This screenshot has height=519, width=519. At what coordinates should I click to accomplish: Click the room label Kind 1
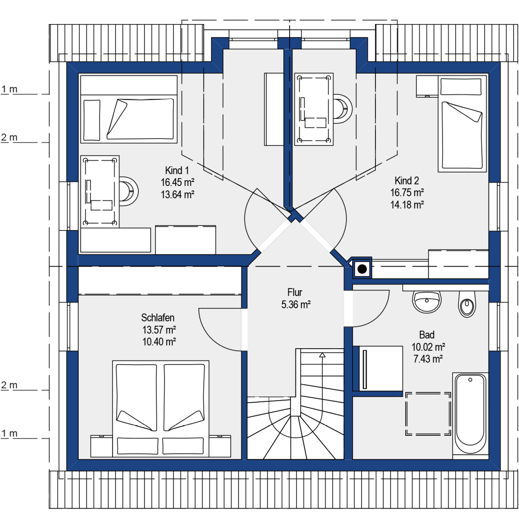coord(177,170)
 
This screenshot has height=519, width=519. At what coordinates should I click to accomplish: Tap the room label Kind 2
coord(407,180)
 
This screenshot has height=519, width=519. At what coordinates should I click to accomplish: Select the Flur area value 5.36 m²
coord(296,305)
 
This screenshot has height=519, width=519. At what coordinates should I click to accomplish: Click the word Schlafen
coord(158,318)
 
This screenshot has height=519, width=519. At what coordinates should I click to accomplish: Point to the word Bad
coord(427,335)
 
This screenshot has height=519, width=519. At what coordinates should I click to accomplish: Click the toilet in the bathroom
coord(467,304)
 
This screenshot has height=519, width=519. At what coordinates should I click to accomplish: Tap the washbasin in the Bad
coord(427,301)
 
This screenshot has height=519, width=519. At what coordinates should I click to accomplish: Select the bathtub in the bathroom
coord(470,413)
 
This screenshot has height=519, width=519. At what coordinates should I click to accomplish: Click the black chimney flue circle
coord(362,269)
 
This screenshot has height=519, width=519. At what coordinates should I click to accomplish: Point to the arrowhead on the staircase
coord(322,355)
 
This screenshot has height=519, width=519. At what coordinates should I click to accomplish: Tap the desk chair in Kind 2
coord(343,109)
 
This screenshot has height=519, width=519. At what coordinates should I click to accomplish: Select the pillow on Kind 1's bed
coord(92,120)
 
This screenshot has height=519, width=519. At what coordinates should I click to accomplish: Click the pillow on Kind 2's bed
coord(461,86)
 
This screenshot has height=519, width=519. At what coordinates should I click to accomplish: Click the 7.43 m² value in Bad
coord(428,359)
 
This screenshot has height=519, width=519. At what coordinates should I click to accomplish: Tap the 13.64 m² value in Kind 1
coord(177,195)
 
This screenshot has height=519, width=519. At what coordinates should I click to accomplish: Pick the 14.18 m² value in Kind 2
coord(407,205)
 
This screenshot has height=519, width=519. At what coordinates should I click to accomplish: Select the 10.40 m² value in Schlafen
coord(159,342)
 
